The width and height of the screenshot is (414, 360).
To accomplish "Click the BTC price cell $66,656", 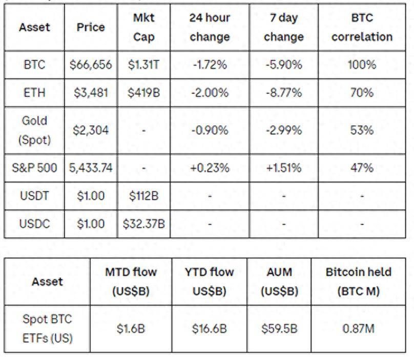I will click(x=91, y=65).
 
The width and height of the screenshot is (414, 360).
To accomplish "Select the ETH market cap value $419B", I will click(x=144, y=93).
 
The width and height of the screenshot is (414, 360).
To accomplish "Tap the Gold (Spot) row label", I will click(x=34, y=130).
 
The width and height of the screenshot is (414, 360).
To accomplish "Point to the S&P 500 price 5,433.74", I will click(x=91, y=168).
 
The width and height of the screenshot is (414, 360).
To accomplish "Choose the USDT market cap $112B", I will click(x=144, y=196).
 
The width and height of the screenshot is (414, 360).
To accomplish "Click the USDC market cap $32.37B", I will click(x=144, y=224).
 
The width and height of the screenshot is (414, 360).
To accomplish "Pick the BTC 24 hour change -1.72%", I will click(x=209, y=65).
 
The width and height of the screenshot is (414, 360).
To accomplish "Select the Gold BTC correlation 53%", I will click(x=362, y=130).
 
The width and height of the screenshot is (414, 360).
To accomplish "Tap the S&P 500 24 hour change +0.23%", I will click(x=209, y=168).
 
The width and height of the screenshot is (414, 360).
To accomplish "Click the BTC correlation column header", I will click(x=362, y=28).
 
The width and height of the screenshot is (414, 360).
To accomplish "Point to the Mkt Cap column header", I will click(x=144, y=28).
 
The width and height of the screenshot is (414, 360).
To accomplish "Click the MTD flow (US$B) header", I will click(x=131, y=282).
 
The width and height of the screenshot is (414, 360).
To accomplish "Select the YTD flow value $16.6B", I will click(x=209, y=329).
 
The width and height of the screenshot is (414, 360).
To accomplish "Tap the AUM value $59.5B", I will click(x=279, y=329).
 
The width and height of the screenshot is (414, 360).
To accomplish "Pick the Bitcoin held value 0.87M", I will click(x=358, y=329).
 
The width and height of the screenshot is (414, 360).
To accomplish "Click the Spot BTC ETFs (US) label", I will click(x=47, y=329).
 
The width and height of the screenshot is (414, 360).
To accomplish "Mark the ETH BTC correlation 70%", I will click(x=362, y=93).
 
